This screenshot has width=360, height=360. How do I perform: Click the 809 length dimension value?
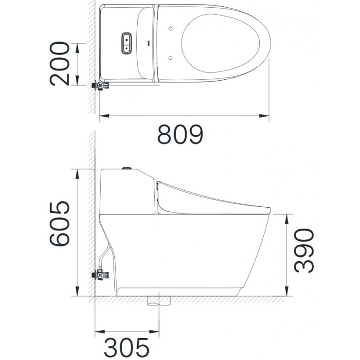click(180, 135)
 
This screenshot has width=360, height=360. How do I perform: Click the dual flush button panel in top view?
click(126, 43)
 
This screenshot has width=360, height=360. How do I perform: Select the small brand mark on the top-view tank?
click(148, 42)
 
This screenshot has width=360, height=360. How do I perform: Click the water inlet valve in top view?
click(101, 86)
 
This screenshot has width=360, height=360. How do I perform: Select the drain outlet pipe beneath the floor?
click(159, 302)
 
